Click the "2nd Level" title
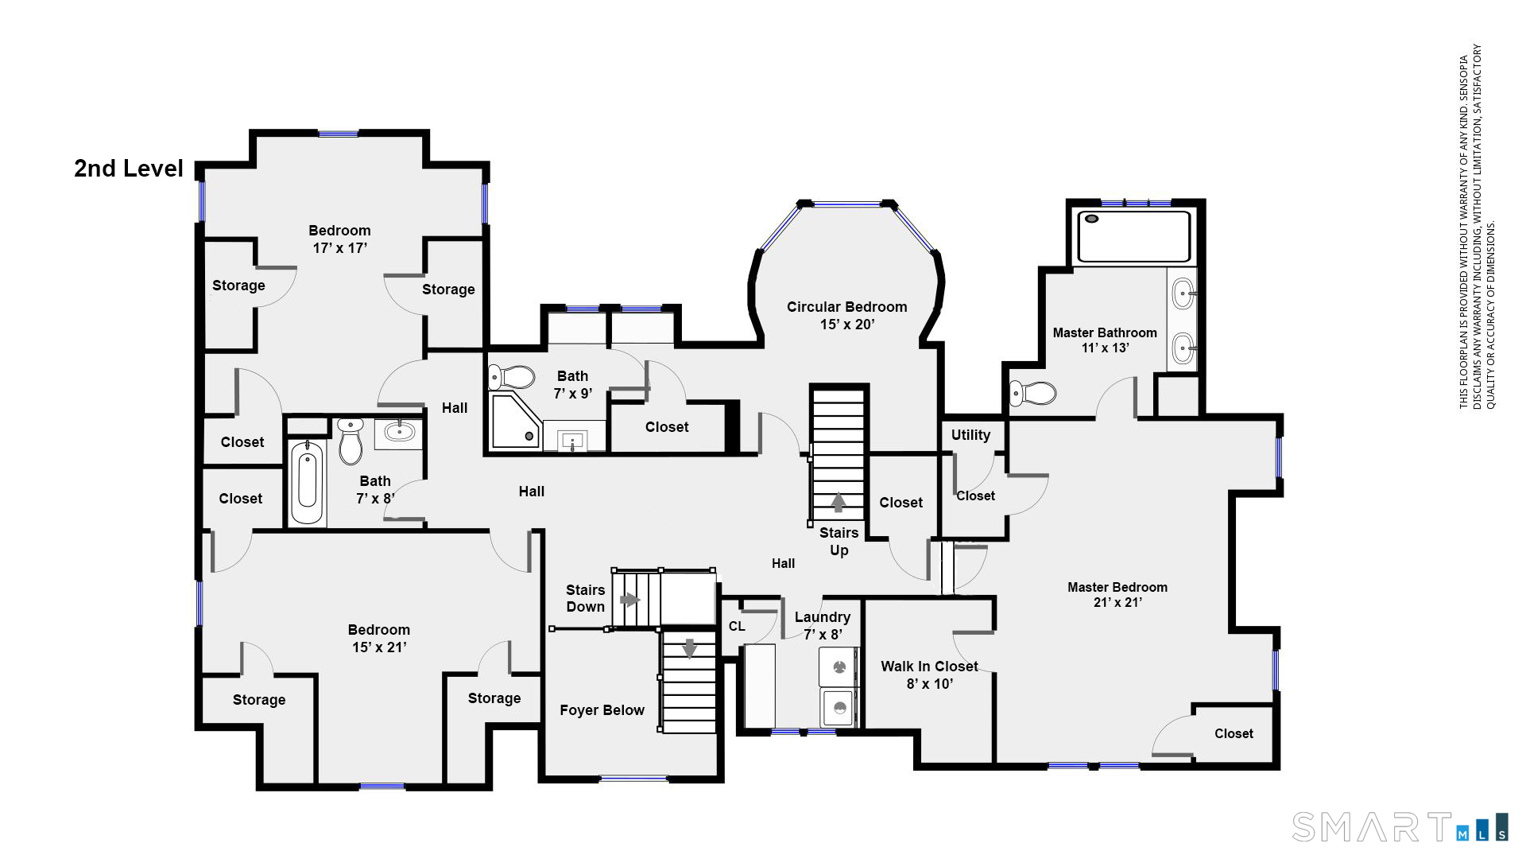point(129,169)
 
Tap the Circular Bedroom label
point(846,307)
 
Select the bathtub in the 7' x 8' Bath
point(307,483)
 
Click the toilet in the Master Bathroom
point(1032,393)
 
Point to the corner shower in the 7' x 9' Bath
point(514,421)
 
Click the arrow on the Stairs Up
point(838,503)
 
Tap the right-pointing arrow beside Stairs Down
point(630,600)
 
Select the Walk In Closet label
point(929,667)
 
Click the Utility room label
point(970,435)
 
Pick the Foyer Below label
point(602,710)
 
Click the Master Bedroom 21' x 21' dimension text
point(1117,603)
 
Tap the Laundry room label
point(823,617)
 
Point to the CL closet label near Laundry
point(737,627)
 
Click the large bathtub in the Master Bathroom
point(1134,236)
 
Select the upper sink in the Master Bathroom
point(1183,293)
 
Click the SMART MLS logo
point(1400,827)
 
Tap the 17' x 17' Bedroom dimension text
point(339,248)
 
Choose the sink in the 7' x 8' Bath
point(399,432)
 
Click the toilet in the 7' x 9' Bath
point(512,376)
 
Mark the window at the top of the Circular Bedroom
point(846,204)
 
